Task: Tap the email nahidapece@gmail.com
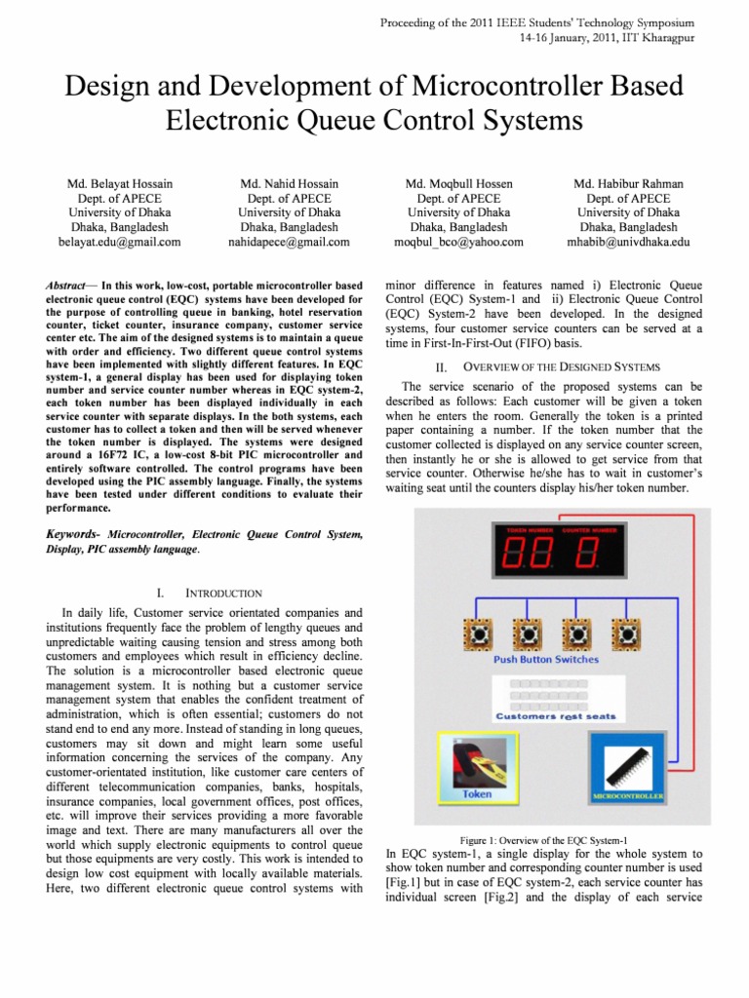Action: [291, 242]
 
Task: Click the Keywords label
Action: [74, 534]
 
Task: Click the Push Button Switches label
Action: [546, 660]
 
